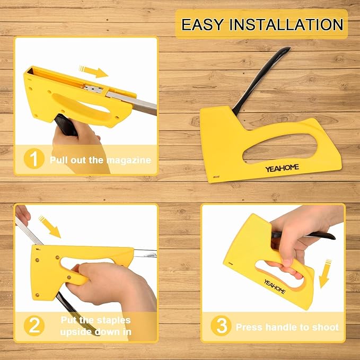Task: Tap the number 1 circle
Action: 34,159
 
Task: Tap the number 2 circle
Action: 34,326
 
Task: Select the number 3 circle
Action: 221,326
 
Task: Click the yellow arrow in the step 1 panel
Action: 93,71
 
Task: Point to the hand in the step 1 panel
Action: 80,143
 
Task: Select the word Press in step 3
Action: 248,327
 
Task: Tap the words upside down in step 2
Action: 94,332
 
